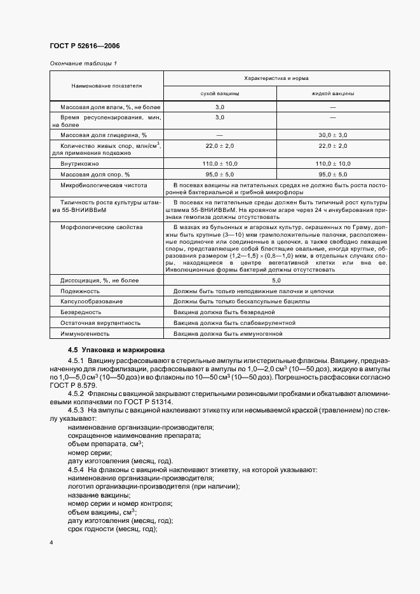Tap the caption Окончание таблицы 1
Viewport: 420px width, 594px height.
(82, 63)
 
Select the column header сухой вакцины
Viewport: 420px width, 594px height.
(220, 93)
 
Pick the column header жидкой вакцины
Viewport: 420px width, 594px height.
(333, 93)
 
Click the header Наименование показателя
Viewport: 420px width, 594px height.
(106, 85)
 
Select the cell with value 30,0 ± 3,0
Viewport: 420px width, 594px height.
(333, 135)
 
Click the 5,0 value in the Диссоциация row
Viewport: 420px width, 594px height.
(276, 280)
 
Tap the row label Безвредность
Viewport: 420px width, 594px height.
(81, 312)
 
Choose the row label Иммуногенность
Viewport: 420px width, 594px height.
(85, 333)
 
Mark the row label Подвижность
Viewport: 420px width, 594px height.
(79, 291)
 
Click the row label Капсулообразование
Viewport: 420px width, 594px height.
(91, 301)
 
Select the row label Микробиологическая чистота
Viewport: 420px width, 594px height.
(104, 185)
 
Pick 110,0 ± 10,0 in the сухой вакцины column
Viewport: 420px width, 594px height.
(220, 164)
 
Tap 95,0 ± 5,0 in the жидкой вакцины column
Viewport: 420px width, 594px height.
(333, 174)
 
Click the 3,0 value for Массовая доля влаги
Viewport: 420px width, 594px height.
(220, 108)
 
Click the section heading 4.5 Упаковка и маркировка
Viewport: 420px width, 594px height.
(116, 350)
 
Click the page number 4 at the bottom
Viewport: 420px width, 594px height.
(51, 543)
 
